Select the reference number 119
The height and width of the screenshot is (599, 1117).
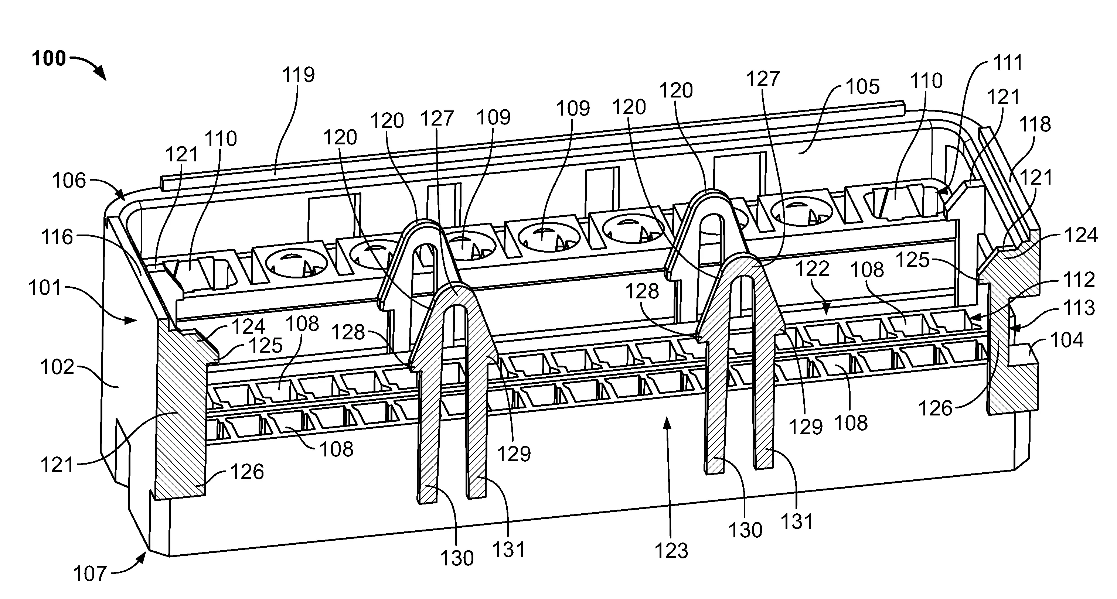click(298, 75)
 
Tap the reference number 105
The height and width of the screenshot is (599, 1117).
click(863, 87)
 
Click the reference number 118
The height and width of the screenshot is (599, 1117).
click(1035, 124)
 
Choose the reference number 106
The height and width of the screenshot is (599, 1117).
click(69, 180)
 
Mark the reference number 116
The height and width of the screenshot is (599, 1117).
click(57, 237)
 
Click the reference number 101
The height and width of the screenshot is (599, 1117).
click(45, 288)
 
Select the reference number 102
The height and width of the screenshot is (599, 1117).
click(57, 367)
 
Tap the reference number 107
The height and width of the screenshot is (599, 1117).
click(89, 574)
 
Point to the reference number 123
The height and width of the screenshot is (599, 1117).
click(672, 551)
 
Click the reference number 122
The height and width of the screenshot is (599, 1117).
click(812, 269)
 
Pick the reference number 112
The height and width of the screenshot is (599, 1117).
click(1079, 280)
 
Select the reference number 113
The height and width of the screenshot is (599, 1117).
click(1079, 308)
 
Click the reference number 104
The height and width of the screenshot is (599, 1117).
click(1067, 340)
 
